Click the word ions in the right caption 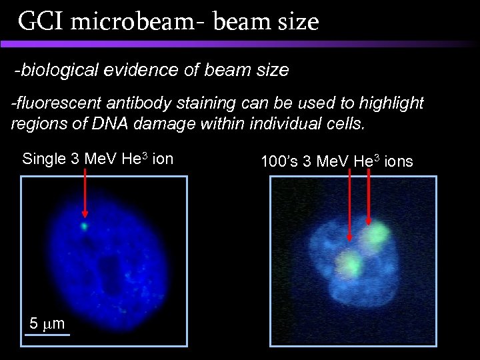pyautogui.click(x=397, y=161)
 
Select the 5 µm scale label pyautogui.click(x=47, y=324)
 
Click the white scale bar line pyautogui.click(x=47, y=334)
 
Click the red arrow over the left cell pyautogui.click(x=85, y=193)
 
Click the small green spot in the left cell pyautogui.click(x=85, y=226)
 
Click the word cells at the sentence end pyautogui.click(x=348, y=123)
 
